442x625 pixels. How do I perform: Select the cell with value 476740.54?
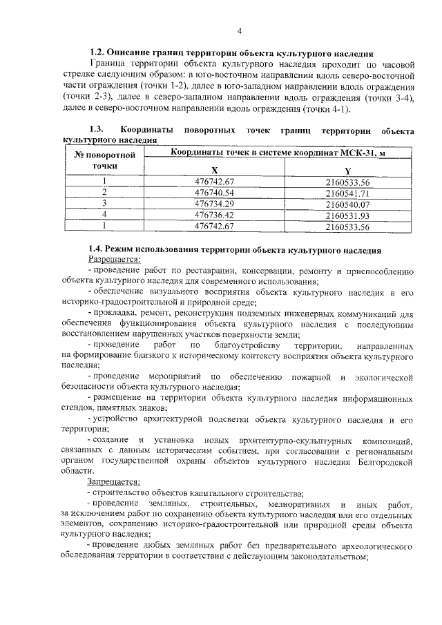coord(215,193)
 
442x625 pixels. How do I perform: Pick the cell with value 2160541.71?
coord(347,193)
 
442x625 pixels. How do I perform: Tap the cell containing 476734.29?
coord(215,204)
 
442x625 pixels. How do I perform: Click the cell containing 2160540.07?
coord(347,204)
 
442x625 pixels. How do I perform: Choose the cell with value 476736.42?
coord(215,215)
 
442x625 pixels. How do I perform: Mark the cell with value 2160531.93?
coord(347,215)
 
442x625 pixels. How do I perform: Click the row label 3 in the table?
coord(104,204)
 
